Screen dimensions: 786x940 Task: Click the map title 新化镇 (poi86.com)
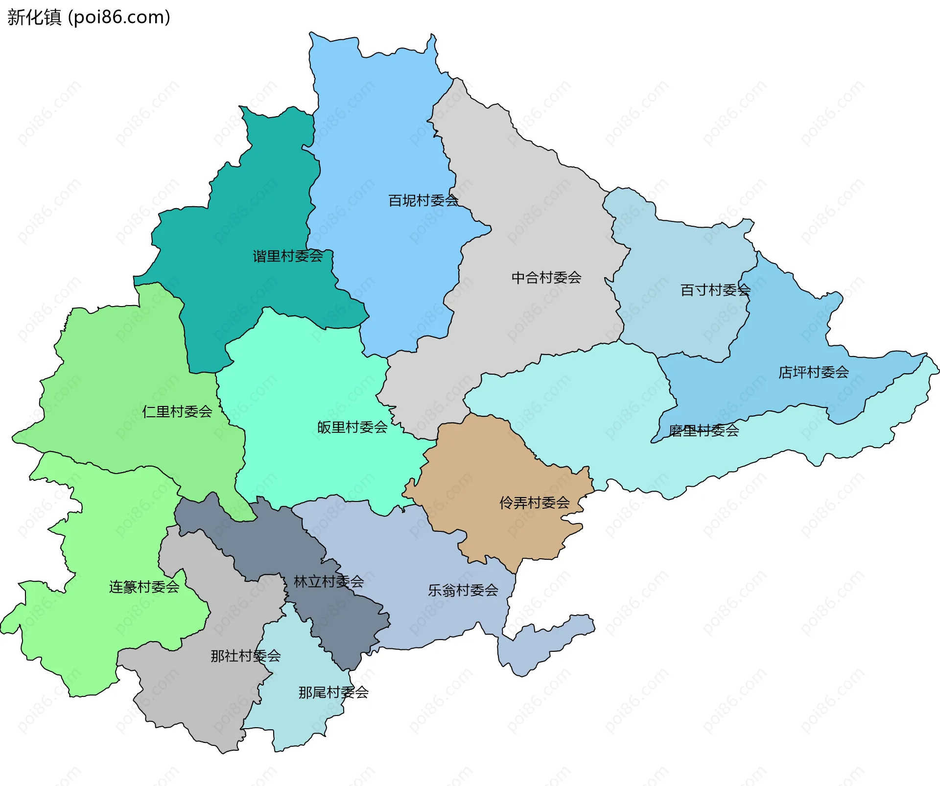pyautogui.click(x=89, y=17)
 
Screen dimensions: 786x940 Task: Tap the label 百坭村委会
pyautogui.click(x=423, y=200)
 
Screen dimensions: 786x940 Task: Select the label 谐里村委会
pyautogui.click(x=288, y=256)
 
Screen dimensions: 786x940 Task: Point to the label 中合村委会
pyautogui.click(x=546, y=278)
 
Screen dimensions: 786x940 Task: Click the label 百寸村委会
pyautogui.click(x=715, y=290)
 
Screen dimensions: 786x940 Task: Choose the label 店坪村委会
pyautogui.click(x=814, y=372)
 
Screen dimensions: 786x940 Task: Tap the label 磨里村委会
pyautogui.click(x=704, y=430)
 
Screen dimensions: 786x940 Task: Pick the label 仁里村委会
pyautogui.click(x=177, y=411)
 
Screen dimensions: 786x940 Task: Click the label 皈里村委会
pyautogui.click(x=352, y=427)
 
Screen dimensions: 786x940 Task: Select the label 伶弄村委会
pyautogui.click(x=535, y=502)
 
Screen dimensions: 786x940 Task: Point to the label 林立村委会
pyautogui.click(x=329, y=581)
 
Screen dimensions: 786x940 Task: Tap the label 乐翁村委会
pyautogui.click(x=463, y=590)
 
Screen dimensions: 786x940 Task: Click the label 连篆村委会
pyautogui.click(x=144, y=587)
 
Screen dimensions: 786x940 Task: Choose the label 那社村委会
pyautogui.click(x=246, y=656)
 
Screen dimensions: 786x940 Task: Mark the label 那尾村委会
pyautogui.click(x=333, y=692)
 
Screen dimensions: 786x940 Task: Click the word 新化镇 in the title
pyautogui.click(x=34, y=17)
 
